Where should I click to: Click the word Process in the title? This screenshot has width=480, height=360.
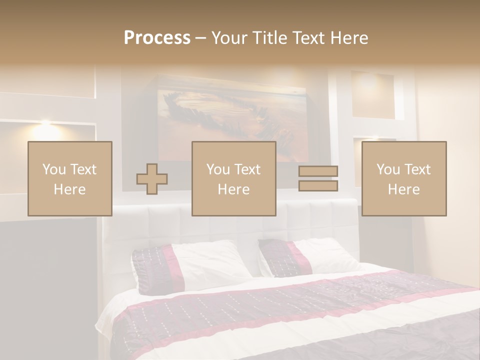(157, 38)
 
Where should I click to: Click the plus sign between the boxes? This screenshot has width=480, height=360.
(152, 179)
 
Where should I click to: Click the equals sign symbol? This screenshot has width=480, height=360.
(318, 178)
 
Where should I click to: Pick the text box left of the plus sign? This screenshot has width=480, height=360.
(70, 178)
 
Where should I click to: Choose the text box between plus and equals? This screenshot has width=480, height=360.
(234, 178)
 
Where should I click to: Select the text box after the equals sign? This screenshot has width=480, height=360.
(404, 178)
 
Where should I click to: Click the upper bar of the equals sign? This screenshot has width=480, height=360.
(318, 171)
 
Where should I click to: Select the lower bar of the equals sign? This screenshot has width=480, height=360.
(318, 186)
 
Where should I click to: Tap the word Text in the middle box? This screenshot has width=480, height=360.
(247, 169)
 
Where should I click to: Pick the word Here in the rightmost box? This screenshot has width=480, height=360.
(404, 189)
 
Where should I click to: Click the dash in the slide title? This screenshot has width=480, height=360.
(200, 38)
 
